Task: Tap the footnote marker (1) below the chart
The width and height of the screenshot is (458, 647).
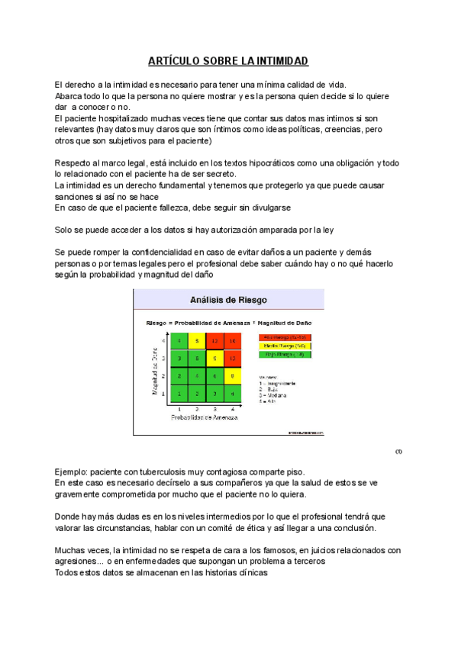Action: (398, 451)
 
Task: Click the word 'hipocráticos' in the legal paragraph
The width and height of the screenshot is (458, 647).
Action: (255, 163)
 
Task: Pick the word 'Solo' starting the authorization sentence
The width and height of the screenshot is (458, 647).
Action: (66, 230)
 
